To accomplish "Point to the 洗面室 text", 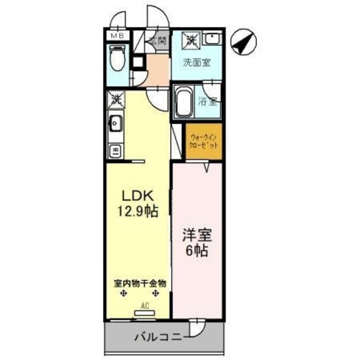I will [x=196, y=62].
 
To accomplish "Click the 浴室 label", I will [x=208, y=102].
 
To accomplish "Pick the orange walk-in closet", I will [x=204, y=141].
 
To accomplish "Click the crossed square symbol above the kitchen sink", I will [x=115, y=99].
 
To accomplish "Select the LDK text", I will [x=138, y=196].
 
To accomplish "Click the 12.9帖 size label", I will [x=137, y=211].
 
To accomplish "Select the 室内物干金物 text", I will [x=140, y=283].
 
